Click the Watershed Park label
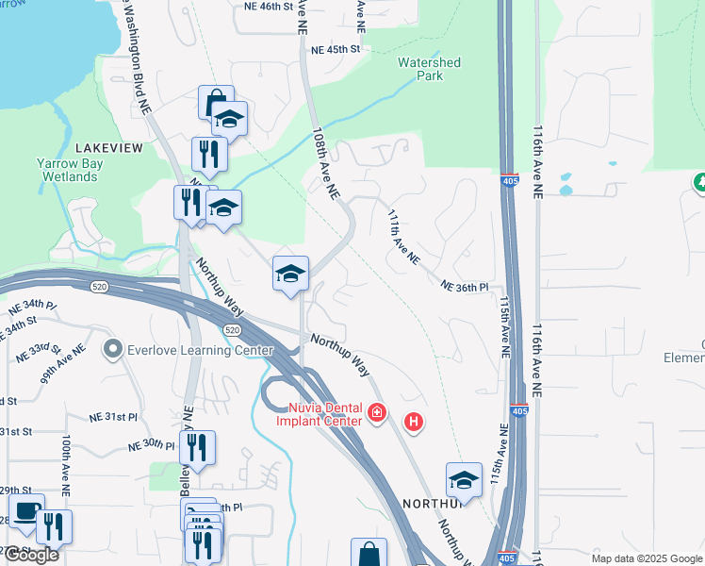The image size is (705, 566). pyautogui.click(x=429, y=69)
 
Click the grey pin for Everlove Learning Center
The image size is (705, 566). pyautogui.click(x=113, y=350)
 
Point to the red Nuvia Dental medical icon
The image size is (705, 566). pyautogui.click(x=377, y=413)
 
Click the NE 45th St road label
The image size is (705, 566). pyautogui.click(x=336, y=49)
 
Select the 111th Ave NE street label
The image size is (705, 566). pyautogui.click(x=402, y=237)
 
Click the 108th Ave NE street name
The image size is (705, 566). pyautogui.click(x=324, y=165)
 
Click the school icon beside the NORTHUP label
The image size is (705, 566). pyautogui.click(x=464, y=480)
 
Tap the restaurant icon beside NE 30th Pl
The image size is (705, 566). pyautogui.click(x=197, y=449)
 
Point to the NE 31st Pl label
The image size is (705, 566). pyautogui.click(x=114, y=416)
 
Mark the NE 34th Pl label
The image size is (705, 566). pyautogui.click(x=32, y=307)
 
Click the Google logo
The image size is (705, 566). pyautogui.click(x=31, y=554)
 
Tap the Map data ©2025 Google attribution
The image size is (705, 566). pyautogui.click(x=646, y=558)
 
